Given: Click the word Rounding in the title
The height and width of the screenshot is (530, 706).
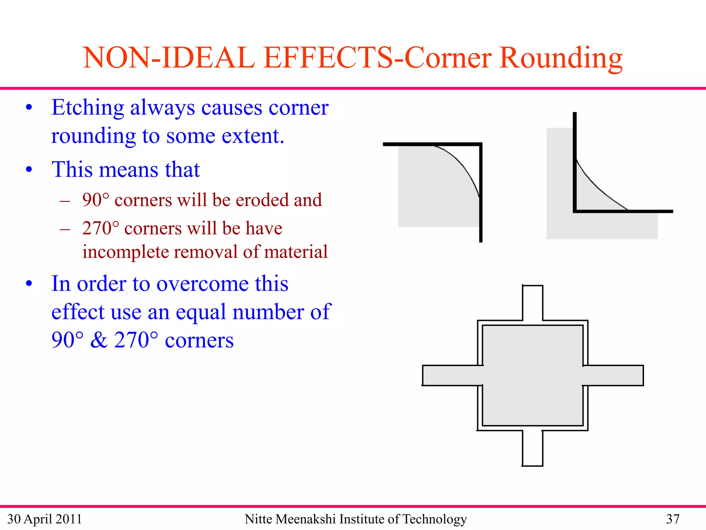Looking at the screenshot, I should click(561, 58).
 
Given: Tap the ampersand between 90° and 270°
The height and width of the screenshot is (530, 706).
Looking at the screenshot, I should click(99, 340).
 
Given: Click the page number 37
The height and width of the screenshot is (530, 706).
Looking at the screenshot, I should click(673, 519).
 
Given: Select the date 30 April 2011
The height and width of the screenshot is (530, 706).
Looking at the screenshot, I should click(44, 519).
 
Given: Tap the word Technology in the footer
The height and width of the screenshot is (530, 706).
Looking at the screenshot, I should click(435, 519).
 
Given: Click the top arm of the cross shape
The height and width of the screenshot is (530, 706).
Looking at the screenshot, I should click(533, 303).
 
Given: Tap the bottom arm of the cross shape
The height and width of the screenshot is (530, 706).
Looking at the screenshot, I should click(533, 448).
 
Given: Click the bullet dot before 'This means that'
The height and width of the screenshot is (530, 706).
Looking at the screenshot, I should click(29, 170).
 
